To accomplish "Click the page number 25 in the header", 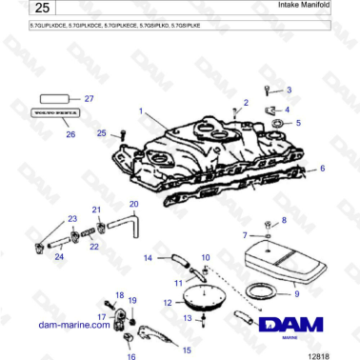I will pos(28,10).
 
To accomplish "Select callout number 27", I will pos(90,99).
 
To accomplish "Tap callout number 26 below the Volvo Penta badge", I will pos(70,134).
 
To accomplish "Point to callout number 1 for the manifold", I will pos(141,112).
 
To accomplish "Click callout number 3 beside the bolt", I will pos(290,90).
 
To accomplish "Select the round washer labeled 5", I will pos(277,124).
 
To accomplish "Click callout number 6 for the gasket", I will pos(322,168).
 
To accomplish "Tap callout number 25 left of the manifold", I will pos(103,134).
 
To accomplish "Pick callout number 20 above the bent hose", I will pos(133,204).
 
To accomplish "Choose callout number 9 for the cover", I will pos(296,282).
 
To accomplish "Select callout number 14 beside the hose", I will pos(148,257).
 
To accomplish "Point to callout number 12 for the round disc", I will pos(168,302).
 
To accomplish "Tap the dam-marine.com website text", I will pos(74,324).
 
